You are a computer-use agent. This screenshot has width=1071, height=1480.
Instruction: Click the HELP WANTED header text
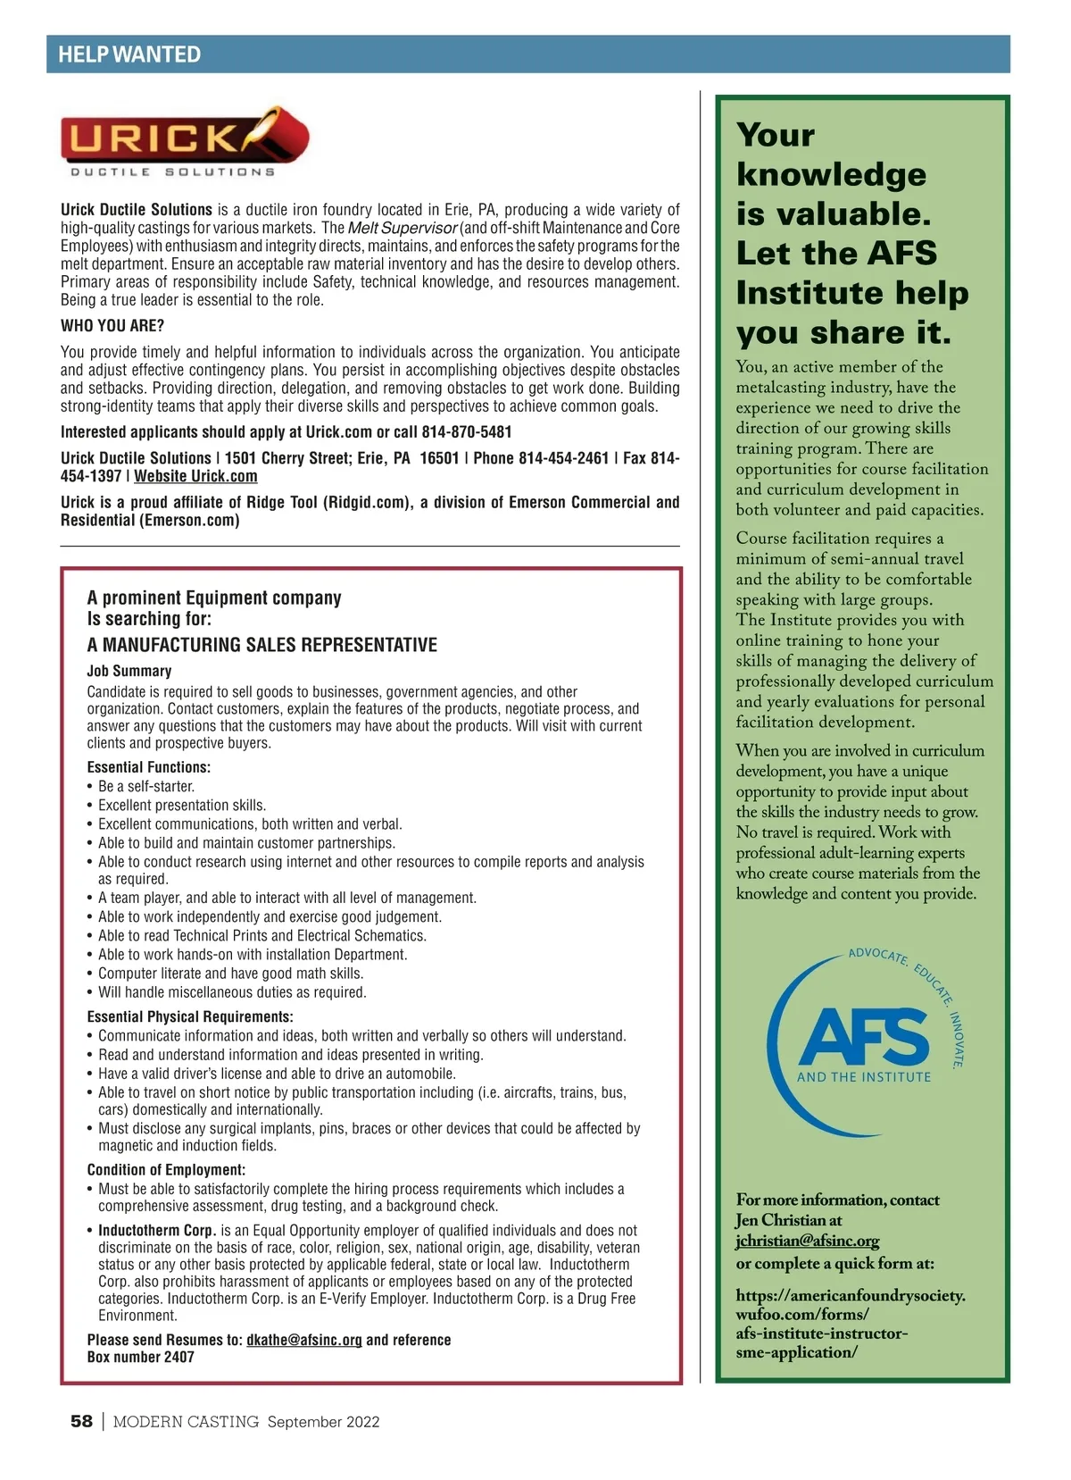(x=129, y=54)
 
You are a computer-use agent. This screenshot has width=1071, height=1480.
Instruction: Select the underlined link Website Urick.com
(x=195, y=477)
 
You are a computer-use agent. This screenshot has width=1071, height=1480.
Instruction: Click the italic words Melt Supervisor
(x=402, y=228)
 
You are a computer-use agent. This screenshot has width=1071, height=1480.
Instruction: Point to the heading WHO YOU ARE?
(x=112, y=326)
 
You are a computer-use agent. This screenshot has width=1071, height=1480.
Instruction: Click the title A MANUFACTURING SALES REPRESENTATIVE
(x=262, y=645)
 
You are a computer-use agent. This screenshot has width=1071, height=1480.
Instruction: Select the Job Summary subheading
(x=129, y=671)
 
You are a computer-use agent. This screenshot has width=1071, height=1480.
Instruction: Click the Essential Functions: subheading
(x=149, y=767)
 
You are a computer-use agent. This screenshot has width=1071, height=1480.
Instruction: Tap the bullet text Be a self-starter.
(x=146, y=787)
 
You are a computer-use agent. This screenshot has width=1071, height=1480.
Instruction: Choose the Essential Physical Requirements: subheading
(x=190, y=1016)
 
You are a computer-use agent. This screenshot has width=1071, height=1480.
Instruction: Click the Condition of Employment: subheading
(x=166, y=1170)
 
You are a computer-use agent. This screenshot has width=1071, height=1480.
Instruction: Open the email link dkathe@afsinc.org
(x=304, y=1340)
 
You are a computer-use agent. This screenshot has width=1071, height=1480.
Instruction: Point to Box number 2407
(x=141, y=1357)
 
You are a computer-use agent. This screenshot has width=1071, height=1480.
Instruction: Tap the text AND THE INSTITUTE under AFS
(x=863, y=1077)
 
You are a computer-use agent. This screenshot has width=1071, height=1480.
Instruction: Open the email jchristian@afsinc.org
(x=808, y=1241)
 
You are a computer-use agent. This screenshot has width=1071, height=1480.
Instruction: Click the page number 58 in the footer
(x=81, y=1421)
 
